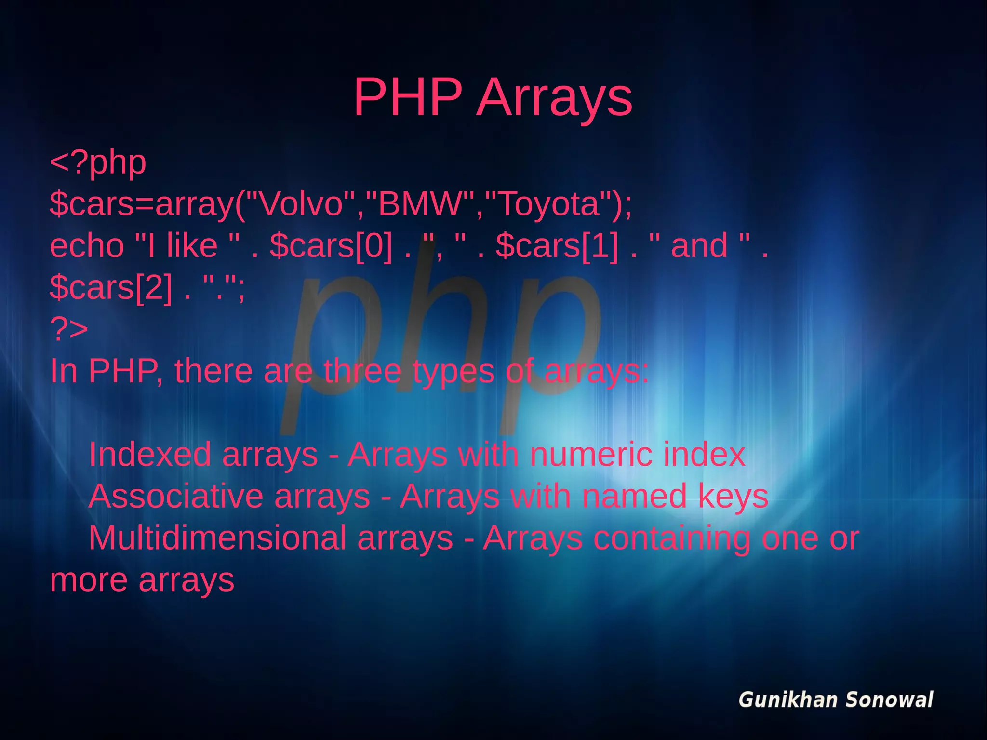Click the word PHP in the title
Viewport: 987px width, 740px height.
408,97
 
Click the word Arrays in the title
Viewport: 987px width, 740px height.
554,98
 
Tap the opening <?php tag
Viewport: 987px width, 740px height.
98,162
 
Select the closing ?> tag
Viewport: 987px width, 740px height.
69,329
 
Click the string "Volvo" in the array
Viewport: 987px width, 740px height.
301,204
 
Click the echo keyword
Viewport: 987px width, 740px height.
87,246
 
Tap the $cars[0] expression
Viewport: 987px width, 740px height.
331,246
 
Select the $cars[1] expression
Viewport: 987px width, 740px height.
557,246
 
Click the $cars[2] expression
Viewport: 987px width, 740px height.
111,288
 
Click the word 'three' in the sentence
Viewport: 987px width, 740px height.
361,371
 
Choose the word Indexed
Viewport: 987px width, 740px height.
150,455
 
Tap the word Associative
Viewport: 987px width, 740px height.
176,497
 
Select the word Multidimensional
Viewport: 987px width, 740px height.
217,538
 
